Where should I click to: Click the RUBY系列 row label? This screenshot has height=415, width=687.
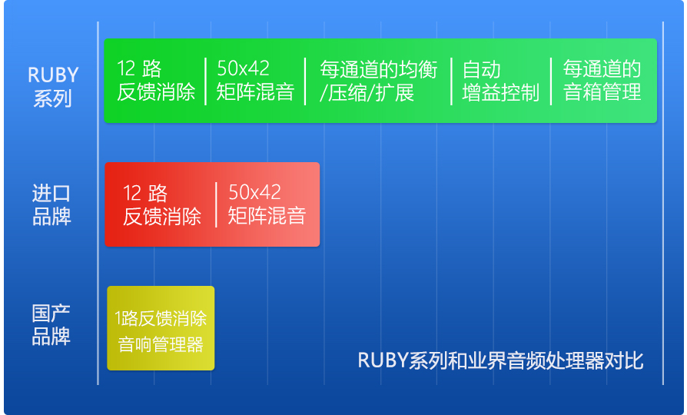point(53,86)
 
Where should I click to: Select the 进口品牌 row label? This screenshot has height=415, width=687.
point(51,204)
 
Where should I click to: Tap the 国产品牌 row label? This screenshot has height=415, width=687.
point(51,325)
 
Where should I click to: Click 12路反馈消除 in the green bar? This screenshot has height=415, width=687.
point(156,81)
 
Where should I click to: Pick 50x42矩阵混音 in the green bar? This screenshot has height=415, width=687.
point(255,81)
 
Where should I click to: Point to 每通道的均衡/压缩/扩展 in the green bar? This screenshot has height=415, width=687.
point(378,81)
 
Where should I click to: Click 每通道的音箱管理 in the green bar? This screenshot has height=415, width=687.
point(602,81)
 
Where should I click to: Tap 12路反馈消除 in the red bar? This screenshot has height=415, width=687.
point(161,204)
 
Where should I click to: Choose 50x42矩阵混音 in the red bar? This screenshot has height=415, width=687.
point(267,204)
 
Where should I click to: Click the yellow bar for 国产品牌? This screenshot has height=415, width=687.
point(161,328)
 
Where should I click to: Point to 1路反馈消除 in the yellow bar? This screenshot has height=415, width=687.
point(161,318)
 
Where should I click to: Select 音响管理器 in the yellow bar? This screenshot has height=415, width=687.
point(161,344)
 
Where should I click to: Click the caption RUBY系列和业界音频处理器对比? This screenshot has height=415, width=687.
point(500,360)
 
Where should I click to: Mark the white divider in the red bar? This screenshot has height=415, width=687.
point(216,204)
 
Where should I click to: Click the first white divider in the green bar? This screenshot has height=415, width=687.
point(205,81)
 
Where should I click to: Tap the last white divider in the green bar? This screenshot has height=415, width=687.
point(551,81)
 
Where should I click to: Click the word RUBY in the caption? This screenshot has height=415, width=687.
point(383,360)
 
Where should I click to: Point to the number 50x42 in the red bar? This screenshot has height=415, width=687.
point(254,192)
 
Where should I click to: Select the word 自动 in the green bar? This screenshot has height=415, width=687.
point(482,70)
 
